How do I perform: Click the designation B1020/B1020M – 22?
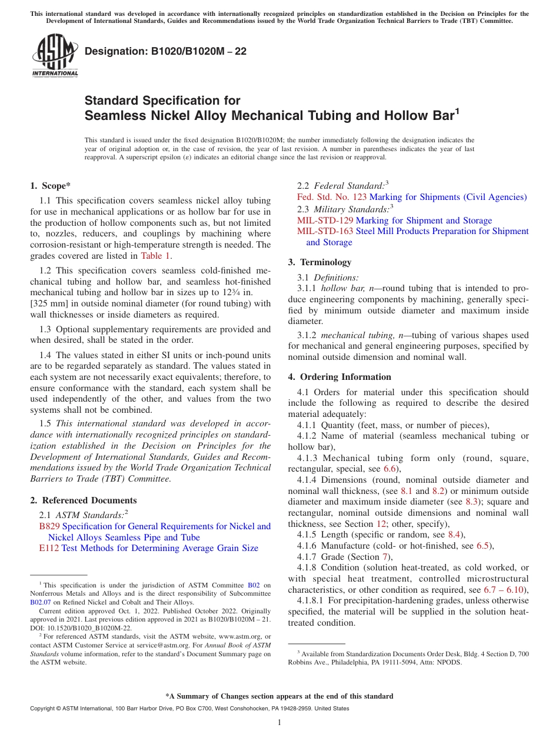(x=165, y=52)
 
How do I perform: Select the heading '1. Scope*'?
(x=50, y=186)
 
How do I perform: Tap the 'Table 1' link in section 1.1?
(x=156, y=256)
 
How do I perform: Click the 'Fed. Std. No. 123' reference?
(x=332, y=197)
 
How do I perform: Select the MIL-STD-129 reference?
(x=325, y=221)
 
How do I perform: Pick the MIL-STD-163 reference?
(x=325, y=231)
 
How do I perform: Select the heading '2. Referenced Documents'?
(x=83, y=500)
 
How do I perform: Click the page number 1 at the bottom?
(x=279, y=722)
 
